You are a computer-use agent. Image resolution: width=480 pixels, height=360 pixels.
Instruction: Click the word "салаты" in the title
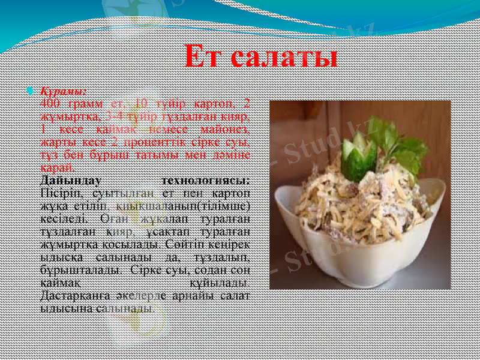[284, 57]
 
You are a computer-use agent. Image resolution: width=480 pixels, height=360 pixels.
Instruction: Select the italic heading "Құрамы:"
[63, 92]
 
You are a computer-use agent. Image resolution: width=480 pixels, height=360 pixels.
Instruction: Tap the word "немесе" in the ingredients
[175, 130]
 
